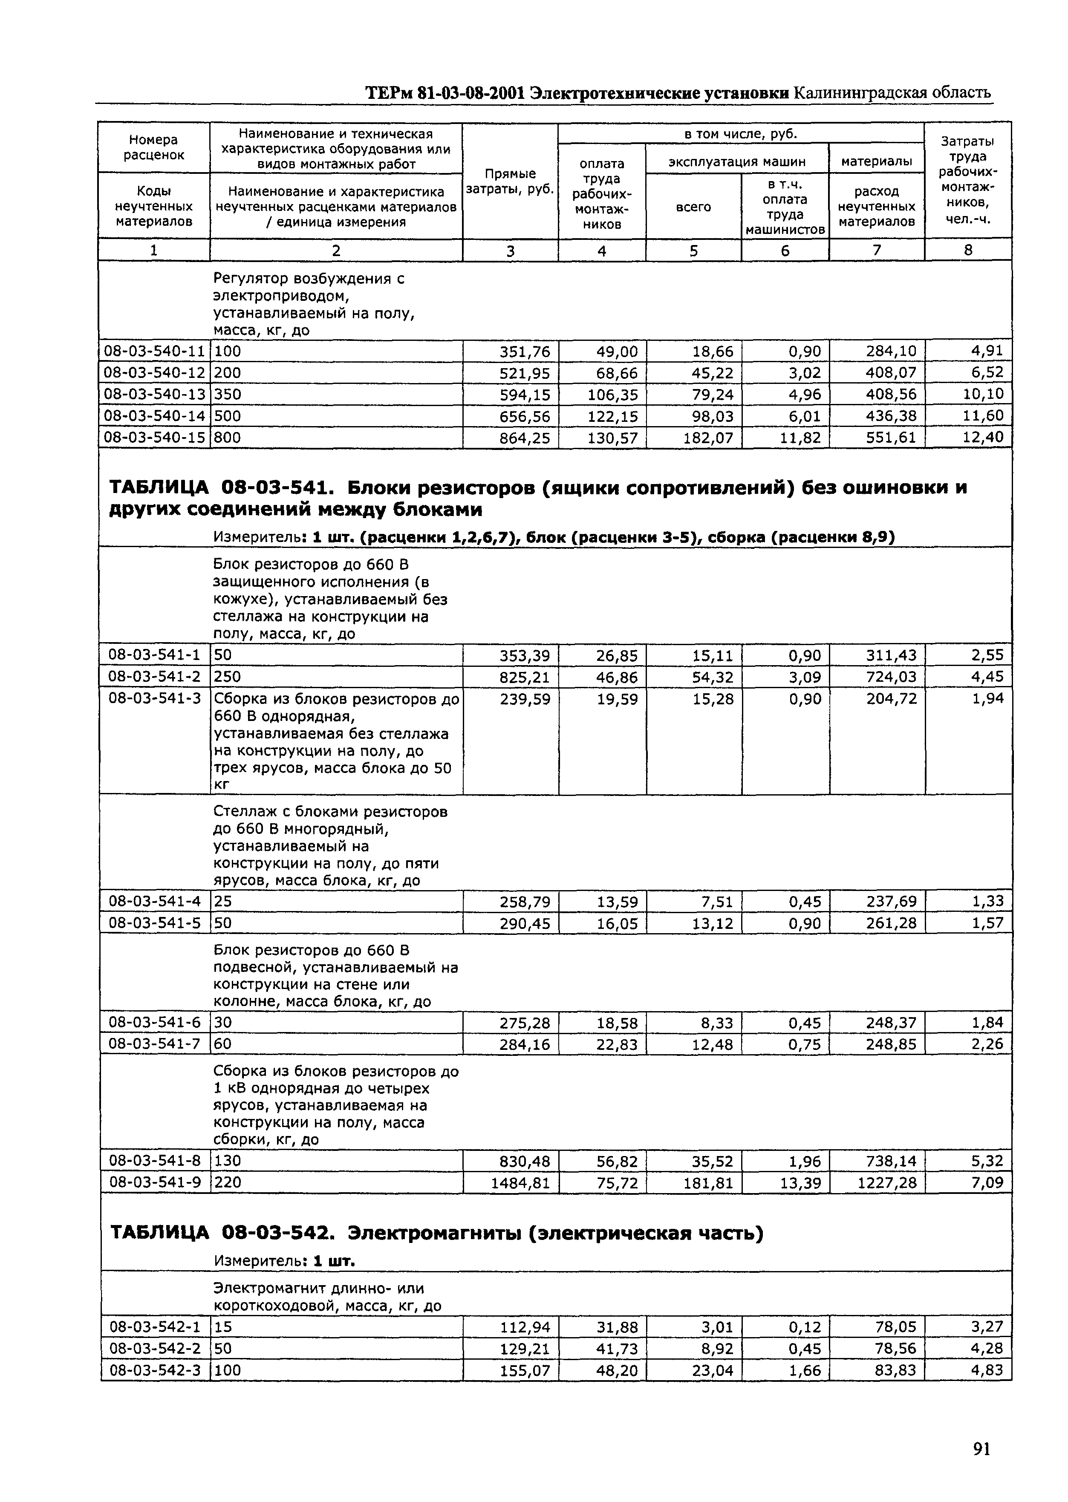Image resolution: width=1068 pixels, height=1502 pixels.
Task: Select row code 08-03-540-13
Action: tap(155, 395)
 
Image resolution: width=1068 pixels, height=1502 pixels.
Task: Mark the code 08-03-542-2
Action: tap(155, 1349)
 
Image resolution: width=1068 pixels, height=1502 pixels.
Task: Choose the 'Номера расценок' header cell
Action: tap(154, 147)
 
